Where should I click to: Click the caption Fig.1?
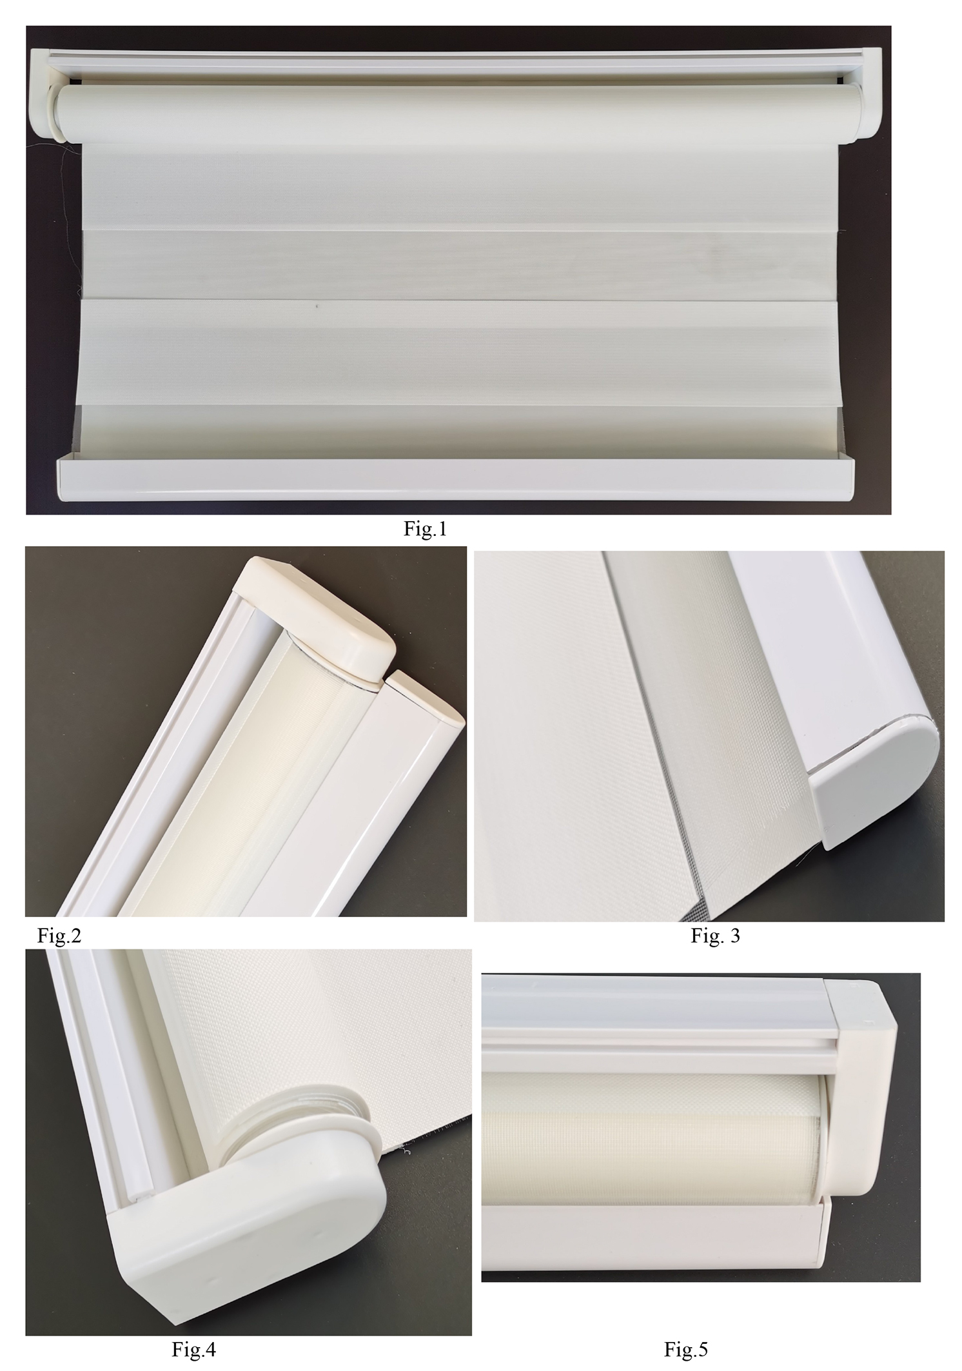pyautogui.click(x=425, y=529)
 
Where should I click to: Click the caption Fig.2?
pyautogui.click(x=60, y=935)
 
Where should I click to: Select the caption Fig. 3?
pyautogui.click(x=715, y=936)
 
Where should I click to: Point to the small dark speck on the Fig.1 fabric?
pyautogui.click(x=316, y=306)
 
